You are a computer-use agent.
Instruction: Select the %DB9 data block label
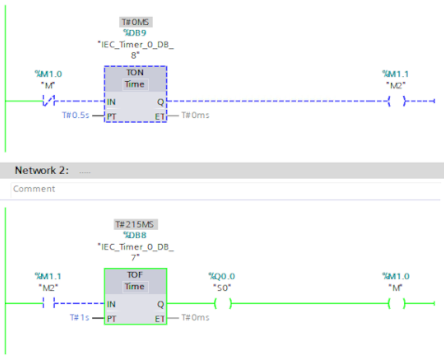pyautogui.click(x=135, y=33)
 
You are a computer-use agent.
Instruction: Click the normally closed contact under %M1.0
pyautogui.click(x=48, y=100)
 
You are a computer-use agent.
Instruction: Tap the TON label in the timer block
pyautogui.click(x=135, y=73)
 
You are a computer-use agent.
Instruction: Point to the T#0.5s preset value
pyautogui.click(x=76, y=115)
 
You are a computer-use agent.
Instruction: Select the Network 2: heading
pyautogui.click(x=42, y=170)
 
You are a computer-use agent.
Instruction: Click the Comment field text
pyautogui.click(x=34, y=189)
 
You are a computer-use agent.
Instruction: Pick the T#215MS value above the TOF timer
pyautogui.click(x=136, y=225)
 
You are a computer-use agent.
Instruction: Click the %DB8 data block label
pyautogui.click(x=135, y=235)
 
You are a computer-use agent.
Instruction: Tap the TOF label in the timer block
pyautogui.click(x=135, y=274)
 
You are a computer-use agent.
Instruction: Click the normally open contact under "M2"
pyautogui.click(x=48, y=304)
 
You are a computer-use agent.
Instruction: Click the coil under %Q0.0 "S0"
pyautogui.click(x=223, y=304)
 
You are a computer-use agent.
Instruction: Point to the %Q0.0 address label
pyautogui.click(x=222, y=276)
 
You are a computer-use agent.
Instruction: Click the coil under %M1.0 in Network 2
pyautogui.click(x=397, y=304)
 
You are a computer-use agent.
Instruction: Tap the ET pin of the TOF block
pyautogui.click(x=160, y=318)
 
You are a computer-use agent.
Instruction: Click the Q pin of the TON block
pyautogui.click(x=161, y=101)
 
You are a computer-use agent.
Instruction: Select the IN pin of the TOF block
pyautogui.click(x=111, y=304)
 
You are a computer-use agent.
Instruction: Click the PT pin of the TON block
pyautogui.click(x=111, y=116)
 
